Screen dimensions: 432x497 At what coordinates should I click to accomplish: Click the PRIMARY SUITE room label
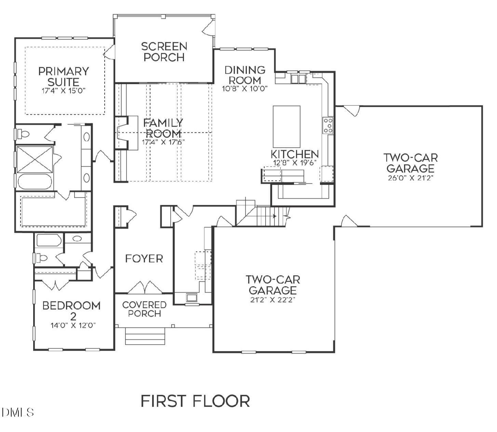[x=64, y=77]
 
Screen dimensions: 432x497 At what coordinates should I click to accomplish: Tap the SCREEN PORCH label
[x=164, y=52]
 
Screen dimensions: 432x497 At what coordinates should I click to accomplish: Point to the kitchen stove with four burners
[x=327, y=125]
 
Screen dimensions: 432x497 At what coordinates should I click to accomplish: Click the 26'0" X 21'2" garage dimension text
[x=411, y=178]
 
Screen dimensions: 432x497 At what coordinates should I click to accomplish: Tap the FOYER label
[x=144, y=259]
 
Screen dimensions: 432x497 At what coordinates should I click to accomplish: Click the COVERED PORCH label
[x=144, y=309]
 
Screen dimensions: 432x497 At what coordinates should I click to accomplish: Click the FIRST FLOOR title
[x=195, y=401]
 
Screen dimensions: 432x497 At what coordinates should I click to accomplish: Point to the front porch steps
[x=145, y=336]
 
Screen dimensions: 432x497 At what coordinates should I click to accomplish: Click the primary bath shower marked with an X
[x=35, y=159]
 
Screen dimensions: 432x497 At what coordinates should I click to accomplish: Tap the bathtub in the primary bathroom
[x=35, y=181]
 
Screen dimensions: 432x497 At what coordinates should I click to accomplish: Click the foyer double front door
[x=145, y=288]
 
